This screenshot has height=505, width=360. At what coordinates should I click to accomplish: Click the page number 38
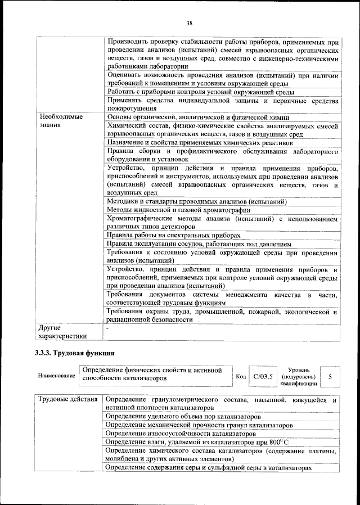pyautogui.click(x=190, y=23)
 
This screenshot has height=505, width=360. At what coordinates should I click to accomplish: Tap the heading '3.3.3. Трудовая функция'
pyautogui.click(x=75, y=354)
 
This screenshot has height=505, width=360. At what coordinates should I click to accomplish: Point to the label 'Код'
pyautogui.click(x=240, y=376)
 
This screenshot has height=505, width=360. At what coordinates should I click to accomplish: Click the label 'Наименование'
pyautogui.click(x=56, y=376)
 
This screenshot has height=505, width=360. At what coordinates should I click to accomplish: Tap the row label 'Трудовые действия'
pyautogui.click(x=67, y=400)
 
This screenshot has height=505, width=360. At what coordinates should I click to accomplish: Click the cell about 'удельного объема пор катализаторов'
pyautogui.click(x=183, y=417)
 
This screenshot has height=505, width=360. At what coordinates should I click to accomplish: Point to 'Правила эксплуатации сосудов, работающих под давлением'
pyautogui.click(x=198, y=244)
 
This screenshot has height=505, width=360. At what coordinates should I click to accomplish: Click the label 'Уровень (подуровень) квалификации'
pyautogui.click(x=298, y=376)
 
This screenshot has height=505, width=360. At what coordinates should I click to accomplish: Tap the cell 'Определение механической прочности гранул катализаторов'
pyautogui.click(x=199, y=425)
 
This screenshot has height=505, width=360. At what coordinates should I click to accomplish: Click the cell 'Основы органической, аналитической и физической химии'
pyautogui.click(x=197, y=117)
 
